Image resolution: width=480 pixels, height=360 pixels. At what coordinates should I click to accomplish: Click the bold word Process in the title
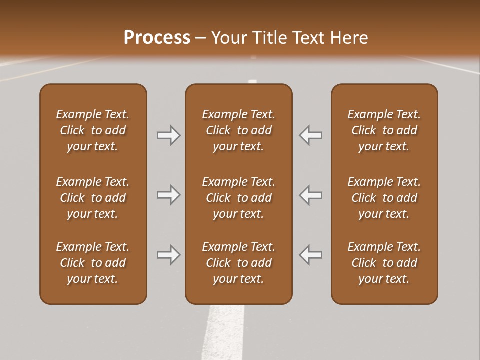click(x=157, y=38)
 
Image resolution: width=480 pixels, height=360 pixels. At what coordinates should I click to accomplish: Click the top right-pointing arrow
click(x=168, y=135)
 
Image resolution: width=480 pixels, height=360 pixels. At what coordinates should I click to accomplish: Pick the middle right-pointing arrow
click(x=168, y=195)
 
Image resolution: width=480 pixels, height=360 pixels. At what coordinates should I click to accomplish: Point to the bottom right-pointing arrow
click(x=168, y=255)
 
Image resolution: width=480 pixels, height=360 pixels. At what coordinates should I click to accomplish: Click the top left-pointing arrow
click(x=311, y=135)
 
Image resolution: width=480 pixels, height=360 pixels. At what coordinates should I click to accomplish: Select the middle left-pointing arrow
click(x=311, y=195)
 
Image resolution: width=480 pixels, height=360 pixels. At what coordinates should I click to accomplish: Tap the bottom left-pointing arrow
click(x=311, y=255)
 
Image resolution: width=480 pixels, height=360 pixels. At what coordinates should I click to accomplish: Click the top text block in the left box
click(x=93, y=130)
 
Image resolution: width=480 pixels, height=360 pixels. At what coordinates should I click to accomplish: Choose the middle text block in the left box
click(x=93, y=198)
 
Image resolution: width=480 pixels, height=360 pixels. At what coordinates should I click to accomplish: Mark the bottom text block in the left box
click(x=93, y=263)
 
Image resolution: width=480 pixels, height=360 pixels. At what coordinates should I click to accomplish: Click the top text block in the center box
click(x=238, y=130)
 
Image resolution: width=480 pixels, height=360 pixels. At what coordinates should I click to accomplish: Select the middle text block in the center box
click(x=238, y=198)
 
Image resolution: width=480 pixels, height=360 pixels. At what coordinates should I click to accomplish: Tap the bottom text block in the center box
click(x=238, y=263)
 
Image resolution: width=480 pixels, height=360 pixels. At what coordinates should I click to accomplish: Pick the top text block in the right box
click(x=384, y=130)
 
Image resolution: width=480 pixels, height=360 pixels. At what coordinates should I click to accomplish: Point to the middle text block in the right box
click(x=384, y=198)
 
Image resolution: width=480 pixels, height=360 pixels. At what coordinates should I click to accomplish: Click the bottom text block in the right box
click(x=384, y=263)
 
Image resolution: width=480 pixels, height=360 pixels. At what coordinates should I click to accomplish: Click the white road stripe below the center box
click(x=223, y=332)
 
